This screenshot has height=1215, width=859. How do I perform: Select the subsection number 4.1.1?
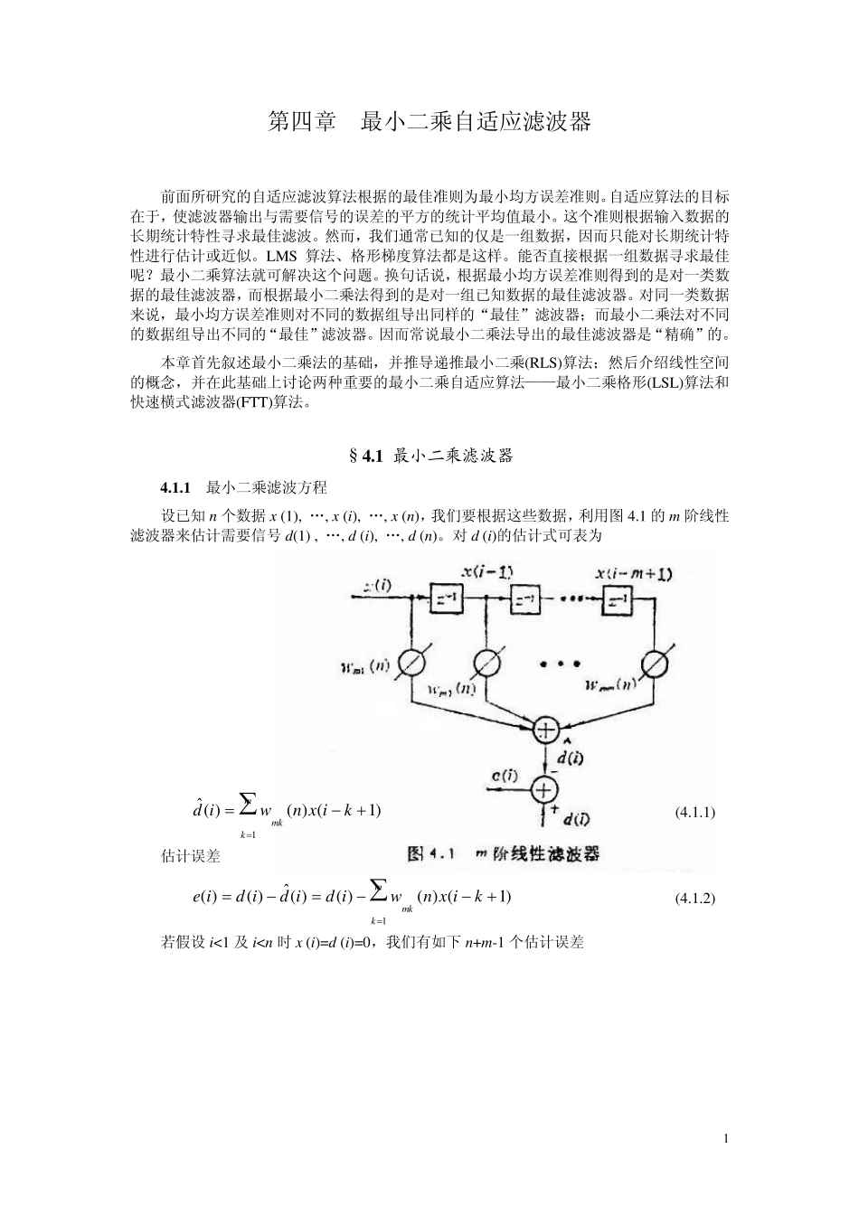(x=175, y=488)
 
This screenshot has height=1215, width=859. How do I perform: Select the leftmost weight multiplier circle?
(x=411, y=663)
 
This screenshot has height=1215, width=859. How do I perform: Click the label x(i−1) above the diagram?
(x=487, y=571)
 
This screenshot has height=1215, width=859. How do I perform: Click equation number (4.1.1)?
(x=695, y=812)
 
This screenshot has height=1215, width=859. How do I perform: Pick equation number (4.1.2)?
(x=695, y=898)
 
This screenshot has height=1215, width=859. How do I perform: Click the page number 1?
(x=726, y=1138)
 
